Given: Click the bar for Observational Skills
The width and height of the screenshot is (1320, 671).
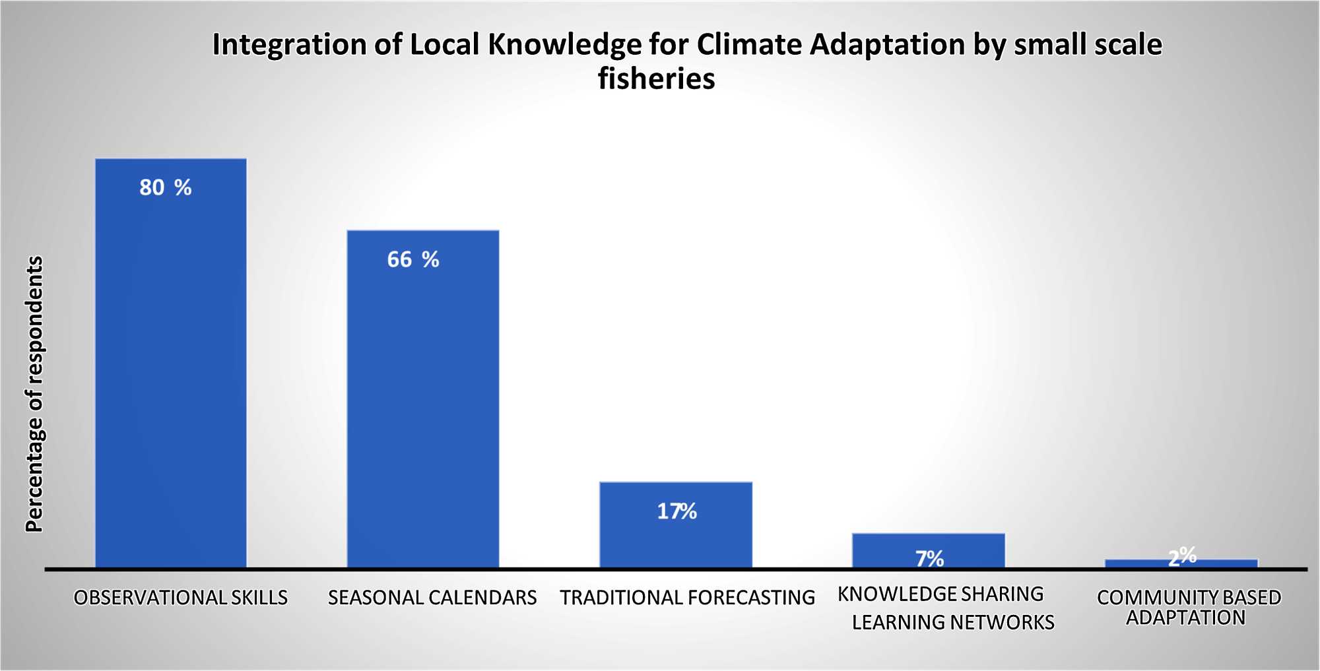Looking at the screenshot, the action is (x=171, y=363).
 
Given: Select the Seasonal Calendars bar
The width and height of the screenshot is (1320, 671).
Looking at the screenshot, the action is (x=423, y=399).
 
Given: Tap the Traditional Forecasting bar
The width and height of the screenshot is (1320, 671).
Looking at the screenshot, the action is (x=676, y=525).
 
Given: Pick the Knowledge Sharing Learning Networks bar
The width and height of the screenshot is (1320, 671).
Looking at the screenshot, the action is (x=929, y=551).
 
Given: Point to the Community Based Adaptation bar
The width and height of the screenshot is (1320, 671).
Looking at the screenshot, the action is (x=1181, y=563).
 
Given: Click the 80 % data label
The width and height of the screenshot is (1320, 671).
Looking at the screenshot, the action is (x=166, y=187).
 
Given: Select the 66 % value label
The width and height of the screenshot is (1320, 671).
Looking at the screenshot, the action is (x=413, y=259).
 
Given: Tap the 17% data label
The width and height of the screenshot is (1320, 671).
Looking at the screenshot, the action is (x=677, y=511).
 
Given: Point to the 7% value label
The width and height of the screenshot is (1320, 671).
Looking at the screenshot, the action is (x=929, y=559).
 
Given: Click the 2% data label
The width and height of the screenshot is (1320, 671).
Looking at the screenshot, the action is (x=1182, y=556).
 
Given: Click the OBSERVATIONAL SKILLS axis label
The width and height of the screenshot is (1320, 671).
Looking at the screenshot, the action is (x=181, y=598).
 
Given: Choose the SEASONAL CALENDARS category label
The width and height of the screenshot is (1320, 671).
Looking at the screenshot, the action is (x=432, y=598).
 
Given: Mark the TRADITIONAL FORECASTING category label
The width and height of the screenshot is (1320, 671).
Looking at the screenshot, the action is (x=688, y=598).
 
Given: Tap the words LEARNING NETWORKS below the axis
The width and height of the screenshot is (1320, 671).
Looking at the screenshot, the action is (x=953, y=622).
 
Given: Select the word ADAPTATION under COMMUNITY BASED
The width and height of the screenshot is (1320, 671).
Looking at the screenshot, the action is (x=1186, y=618).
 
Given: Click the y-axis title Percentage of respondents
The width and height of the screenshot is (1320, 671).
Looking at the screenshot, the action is (x=34, y=394).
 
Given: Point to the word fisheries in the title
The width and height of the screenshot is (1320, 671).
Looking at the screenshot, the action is (x=657, y=79).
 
